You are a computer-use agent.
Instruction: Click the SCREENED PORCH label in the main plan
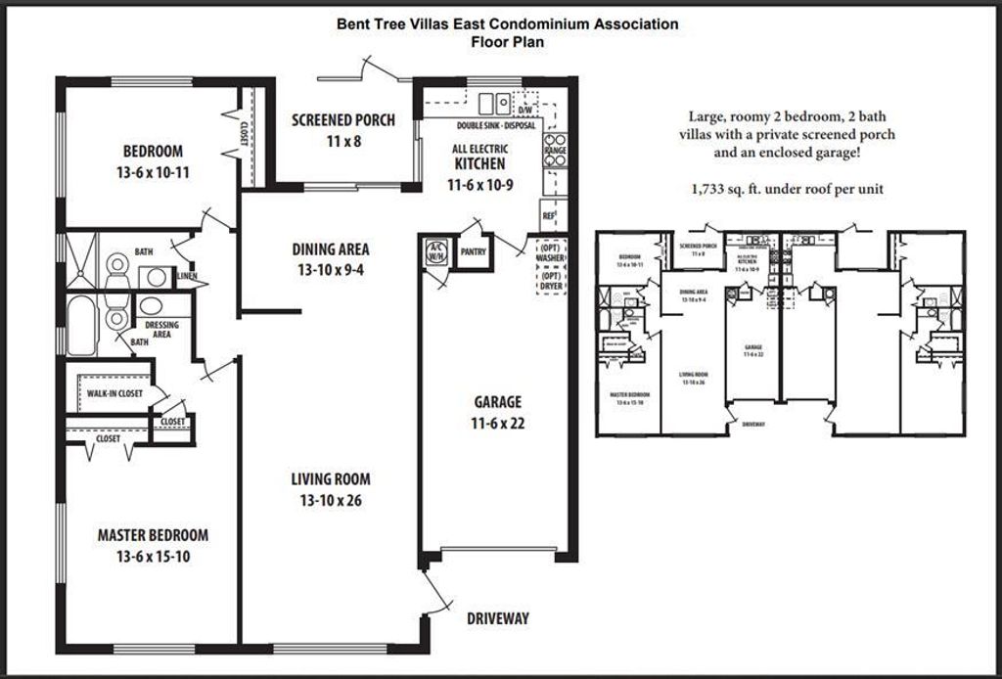click(343, 120)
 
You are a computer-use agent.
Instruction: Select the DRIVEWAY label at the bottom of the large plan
click(497, 618)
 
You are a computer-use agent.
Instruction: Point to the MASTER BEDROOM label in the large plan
click(153, 535)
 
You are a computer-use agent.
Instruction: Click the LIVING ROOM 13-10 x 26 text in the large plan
click(330, 489)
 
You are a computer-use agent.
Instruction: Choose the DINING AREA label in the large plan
click(330, 258)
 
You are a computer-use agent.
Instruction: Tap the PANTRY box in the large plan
click(474, 251)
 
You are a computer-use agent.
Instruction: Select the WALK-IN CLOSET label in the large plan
click(114, 393)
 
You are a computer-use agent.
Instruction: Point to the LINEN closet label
click(187, 277)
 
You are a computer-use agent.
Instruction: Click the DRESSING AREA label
click(160, 328)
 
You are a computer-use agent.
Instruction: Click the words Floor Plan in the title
click(507, 41)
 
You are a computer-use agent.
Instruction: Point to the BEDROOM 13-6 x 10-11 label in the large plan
click(152, 160)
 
